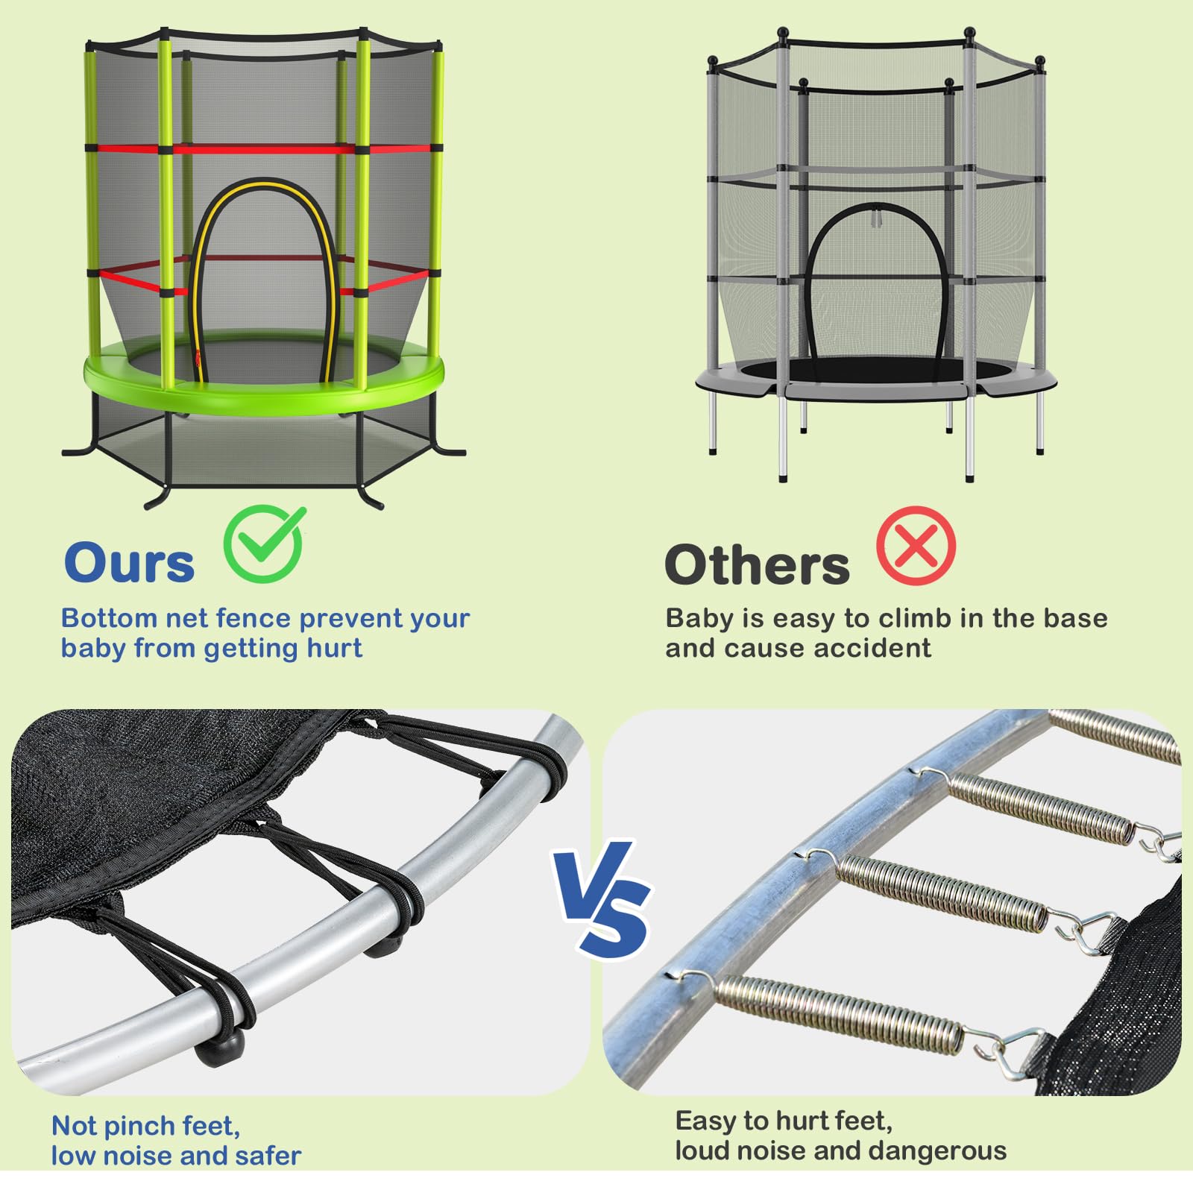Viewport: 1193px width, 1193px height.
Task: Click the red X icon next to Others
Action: point(916,546)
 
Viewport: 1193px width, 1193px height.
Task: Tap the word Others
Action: point(757,564)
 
